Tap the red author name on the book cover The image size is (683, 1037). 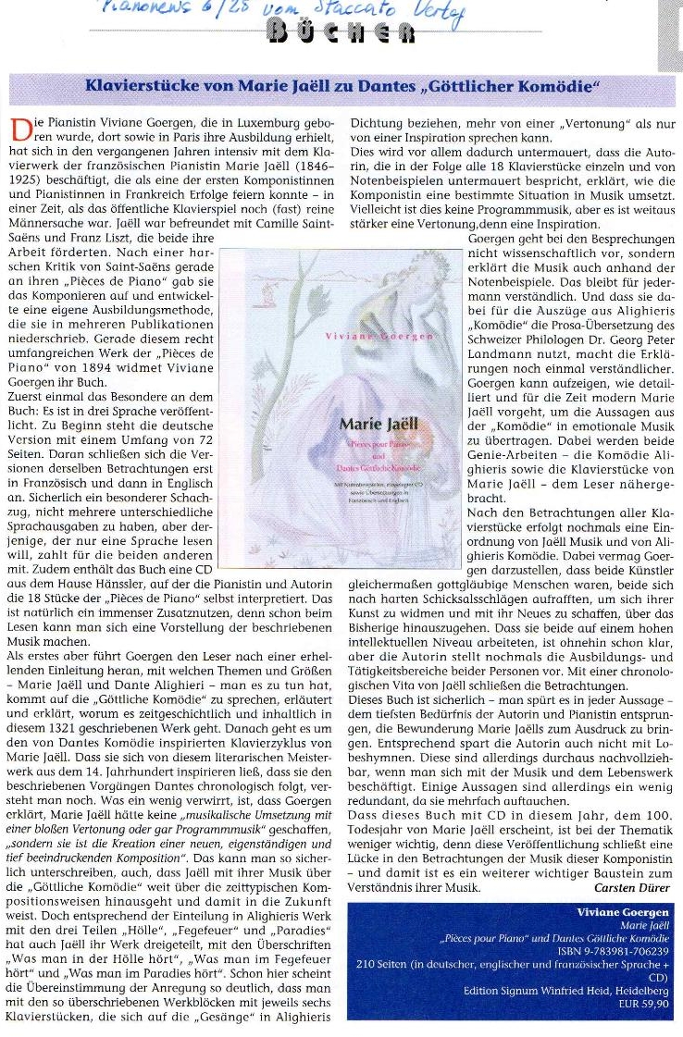(x=379, y=336)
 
